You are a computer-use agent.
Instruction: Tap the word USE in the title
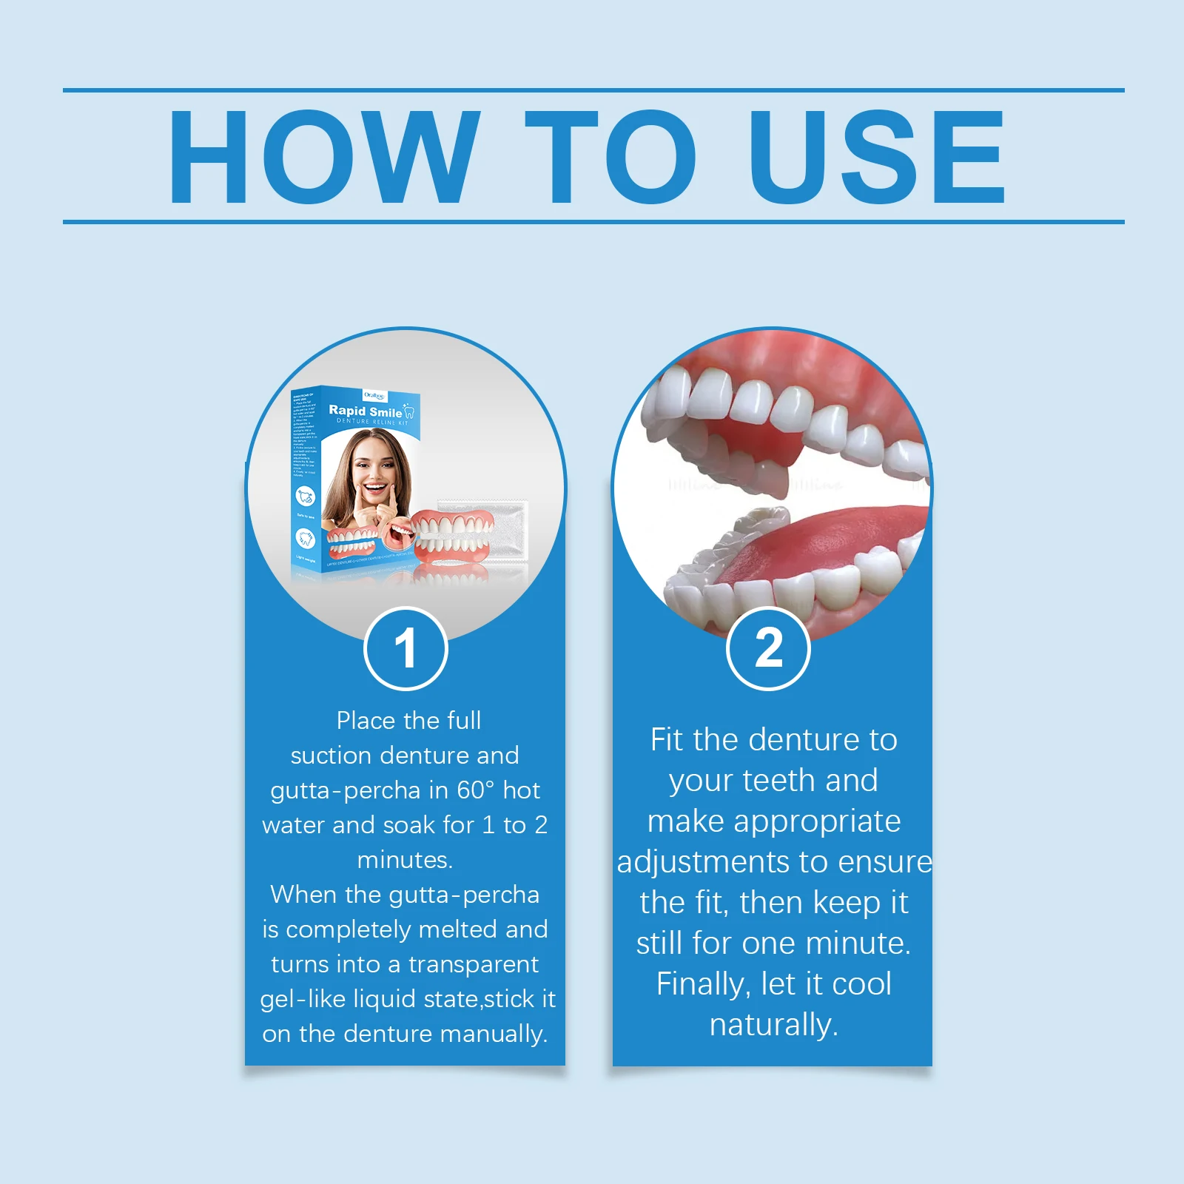(877, 156)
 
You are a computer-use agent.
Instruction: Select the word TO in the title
(610, 156)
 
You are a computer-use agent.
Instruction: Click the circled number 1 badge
(406, 648)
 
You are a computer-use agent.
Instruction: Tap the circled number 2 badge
(769, 648)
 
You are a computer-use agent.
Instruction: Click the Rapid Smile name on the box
(366, 411)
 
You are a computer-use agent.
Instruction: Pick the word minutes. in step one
(405, 860)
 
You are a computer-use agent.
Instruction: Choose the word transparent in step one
(474, 964)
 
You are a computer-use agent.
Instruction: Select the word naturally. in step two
(773, 1025)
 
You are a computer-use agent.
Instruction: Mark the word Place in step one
(366, 721)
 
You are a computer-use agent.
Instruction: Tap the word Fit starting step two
(667, 740)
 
